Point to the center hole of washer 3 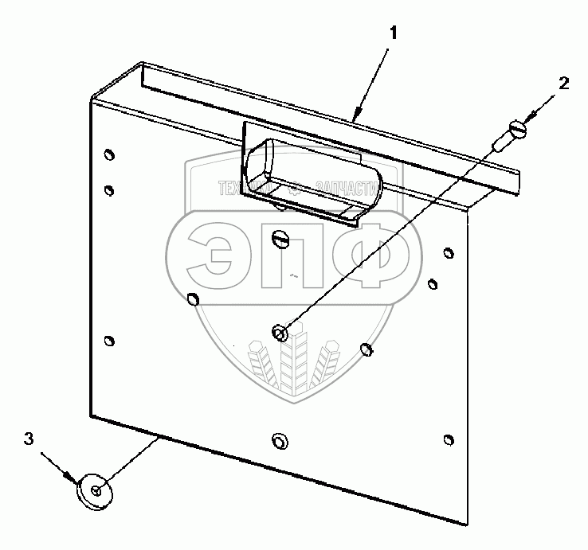[96, 490]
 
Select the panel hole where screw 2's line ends [280, 332]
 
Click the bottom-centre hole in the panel [278, 440]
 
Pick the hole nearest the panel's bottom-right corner [449, 440]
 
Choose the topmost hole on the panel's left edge [109, 154]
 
